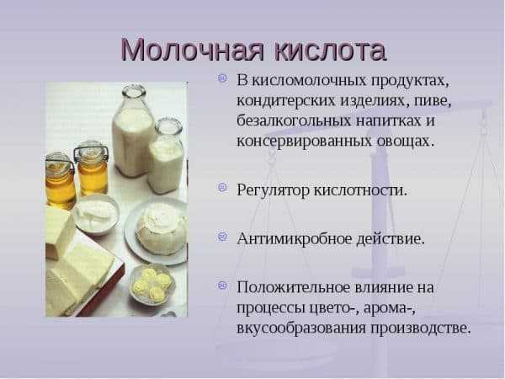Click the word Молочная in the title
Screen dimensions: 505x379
point(192,51)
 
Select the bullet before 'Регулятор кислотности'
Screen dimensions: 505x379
point(222,188)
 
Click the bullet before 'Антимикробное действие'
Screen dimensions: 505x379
point(222,237)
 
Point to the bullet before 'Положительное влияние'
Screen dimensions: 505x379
point(222,286)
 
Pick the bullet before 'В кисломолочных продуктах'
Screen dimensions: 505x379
point(222,78)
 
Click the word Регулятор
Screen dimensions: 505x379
point(273,190)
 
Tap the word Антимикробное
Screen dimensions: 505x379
point(295,239)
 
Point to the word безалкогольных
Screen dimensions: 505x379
point(295,121)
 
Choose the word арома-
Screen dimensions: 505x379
point(390,309)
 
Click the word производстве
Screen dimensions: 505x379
point(421,328)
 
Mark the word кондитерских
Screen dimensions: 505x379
point(286,101)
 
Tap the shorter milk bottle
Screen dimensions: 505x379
point(166,157)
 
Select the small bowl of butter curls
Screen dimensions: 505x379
point(152,285)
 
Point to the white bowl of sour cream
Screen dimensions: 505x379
point(96,213)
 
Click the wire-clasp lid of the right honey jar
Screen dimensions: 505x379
point(90,151)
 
